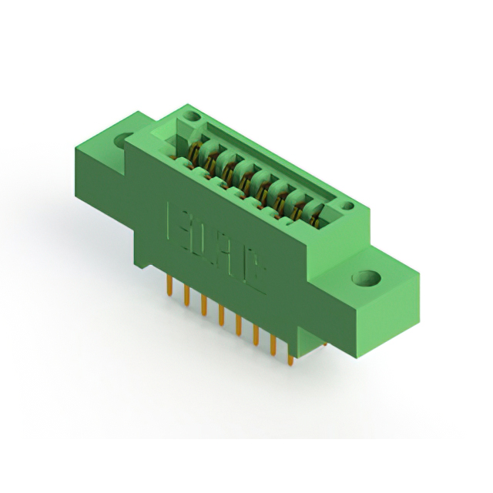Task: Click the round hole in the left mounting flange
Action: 123,142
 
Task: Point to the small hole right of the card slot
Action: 347,206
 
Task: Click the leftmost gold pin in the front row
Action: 169,286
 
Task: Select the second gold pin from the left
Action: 186,295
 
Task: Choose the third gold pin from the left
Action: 203,304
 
